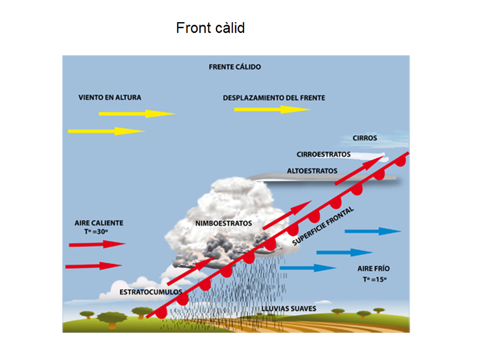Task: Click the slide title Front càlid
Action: tap(210, 28)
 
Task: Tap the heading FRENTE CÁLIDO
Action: tap(235, 67)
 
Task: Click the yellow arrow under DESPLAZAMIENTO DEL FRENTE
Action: tap(272, 109)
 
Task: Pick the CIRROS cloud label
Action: tap(365, 138)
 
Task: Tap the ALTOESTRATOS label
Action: tap(312, 171)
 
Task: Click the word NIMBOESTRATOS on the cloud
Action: tap(223, 224)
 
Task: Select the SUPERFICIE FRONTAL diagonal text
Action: tap(325, 226)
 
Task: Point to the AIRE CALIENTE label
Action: tap(99, 223)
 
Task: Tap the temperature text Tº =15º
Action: tap(375, 280)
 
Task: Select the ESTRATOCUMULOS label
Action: tap(151, 292)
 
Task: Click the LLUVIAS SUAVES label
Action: tap(289, 309)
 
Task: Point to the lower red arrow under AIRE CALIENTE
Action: tap(93, 265)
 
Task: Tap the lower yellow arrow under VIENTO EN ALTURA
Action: tap(106, 131)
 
